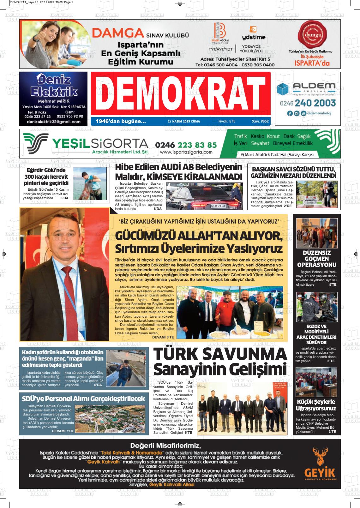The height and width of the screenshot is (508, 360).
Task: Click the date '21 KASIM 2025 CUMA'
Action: coord(184,121)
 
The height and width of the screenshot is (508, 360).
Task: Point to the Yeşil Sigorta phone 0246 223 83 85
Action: coord(186,145)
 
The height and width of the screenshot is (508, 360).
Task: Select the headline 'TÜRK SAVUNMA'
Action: coord(220,354)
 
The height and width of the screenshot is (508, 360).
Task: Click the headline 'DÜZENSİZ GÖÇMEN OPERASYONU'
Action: coord(316,259)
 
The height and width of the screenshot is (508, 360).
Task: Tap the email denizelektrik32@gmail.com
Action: coord(54,122)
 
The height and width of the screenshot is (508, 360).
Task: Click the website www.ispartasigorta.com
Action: coord(186,152)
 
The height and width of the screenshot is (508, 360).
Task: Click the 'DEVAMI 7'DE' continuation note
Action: coord(63,431)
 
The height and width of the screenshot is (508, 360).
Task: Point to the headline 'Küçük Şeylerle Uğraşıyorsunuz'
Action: coord(316,405)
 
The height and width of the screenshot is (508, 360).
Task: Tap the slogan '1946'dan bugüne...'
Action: coord(121,121)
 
